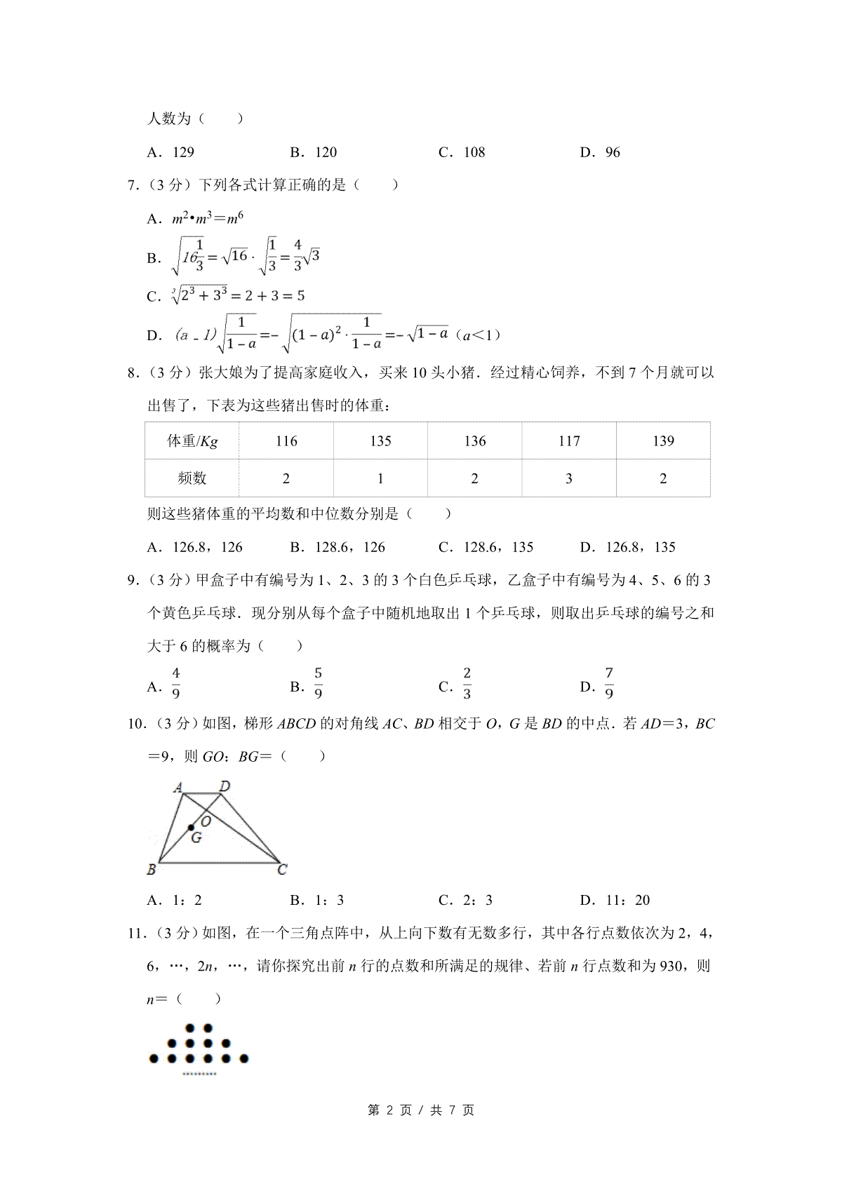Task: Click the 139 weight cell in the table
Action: pyautogui.click(x=663, y=441)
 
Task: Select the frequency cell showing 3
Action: pyautogui.click(x=568, y=478)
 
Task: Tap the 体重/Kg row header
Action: pyautogui.click(x=192, y=441)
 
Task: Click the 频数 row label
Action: pyautogui.click(x=192, y=478)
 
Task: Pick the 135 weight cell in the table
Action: pyautogui.click(x=380, y=441)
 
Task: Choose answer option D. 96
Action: pyautogui.click(x=600, y=152)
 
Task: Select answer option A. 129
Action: pyautogui.click(x=171, y=152)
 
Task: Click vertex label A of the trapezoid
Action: pyautogui.click(x=178, y=788)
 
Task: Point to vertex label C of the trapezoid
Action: pyautogui.click(x=282, y=870)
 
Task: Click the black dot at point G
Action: pyautogui.click(x=191, y=828)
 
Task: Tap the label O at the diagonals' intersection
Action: pyautogui.click(x=206, y=821)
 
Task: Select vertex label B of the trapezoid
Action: pyautogui.click(x=152, y=870)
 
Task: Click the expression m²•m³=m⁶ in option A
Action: pyautogui.click(x=208, y=219)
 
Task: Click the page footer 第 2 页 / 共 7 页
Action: pyautogui.click(x=421, y=1110)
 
